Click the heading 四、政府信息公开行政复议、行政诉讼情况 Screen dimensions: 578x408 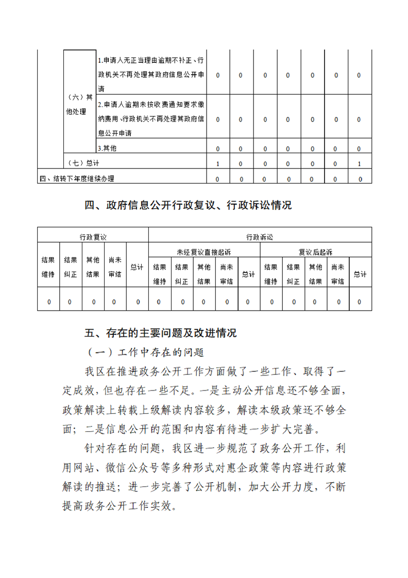pos(188,206)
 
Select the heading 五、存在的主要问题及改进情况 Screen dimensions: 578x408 pos(160,333)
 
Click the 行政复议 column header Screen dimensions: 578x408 pos(93,237)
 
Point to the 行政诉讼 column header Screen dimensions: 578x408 pos(260,237)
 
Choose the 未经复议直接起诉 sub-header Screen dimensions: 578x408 pos(204,252)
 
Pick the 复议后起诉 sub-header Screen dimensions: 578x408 pos(316,252)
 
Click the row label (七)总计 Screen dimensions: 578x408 pos(83,163)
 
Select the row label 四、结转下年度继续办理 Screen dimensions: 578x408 pos(77,179)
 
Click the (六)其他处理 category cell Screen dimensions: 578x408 pos(79,105)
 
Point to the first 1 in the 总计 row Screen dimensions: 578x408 pos(218,164)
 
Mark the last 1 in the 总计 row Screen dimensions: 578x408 pos(359,164)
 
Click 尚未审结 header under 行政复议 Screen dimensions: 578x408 pos(115,267)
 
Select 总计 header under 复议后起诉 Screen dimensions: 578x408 pos(360,274)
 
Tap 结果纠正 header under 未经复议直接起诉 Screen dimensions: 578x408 pos(181,274)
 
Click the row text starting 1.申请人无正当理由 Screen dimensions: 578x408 pos(151,75)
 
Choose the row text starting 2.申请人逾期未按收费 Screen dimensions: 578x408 pos(151,119)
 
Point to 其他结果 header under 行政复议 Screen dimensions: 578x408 pos(93,267)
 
